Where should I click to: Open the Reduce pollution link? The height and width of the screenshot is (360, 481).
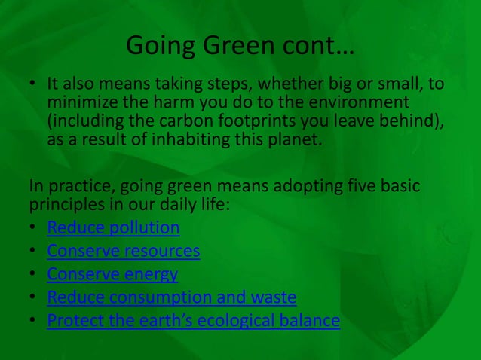113,227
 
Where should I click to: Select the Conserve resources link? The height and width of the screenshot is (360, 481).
123,251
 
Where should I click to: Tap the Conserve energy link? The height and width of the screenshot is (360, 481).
112,274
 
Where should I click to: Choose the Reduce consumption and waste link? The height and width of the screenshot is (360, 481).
171,297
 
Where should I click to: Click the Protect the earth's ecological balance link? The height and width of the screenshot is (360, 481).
193,321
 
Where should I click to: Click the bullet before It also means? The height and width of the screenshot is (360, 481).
35,84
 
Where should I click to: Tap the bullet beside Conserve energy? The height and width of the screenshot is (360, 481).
35,274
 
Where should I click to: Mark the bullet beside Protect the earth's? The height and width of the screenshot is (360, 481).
35,321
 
